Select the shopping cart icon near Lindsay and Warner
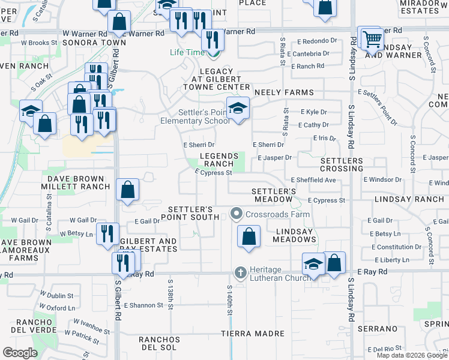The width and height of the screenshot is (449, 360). (x=372, y=39)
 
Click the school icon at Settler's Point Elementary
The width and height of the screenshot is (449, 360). (x=239, y=109)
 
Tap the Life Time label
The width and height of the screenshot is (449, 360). (x=187, y=53)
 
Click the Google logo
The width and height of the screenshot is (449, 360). (x=20, y=353)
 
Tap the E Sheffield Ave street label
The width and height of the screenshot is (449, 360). (x=313, y=180)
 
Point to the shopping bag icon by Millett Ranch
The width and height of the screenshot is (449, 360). (x=127, y=190)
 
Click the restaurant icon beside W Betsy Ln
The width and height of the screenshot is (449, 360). (x=107, y=233)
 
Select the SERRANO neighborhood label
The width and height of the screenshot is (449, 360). (x=378, y=329)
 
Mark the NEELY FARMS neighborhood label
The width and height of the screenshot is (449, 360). (x=284, y=92)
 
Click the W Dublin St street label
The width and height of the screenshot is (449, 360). (x=56, y=296)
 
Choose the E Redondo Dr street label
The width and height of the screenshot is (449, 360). (x=317, y=41)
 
